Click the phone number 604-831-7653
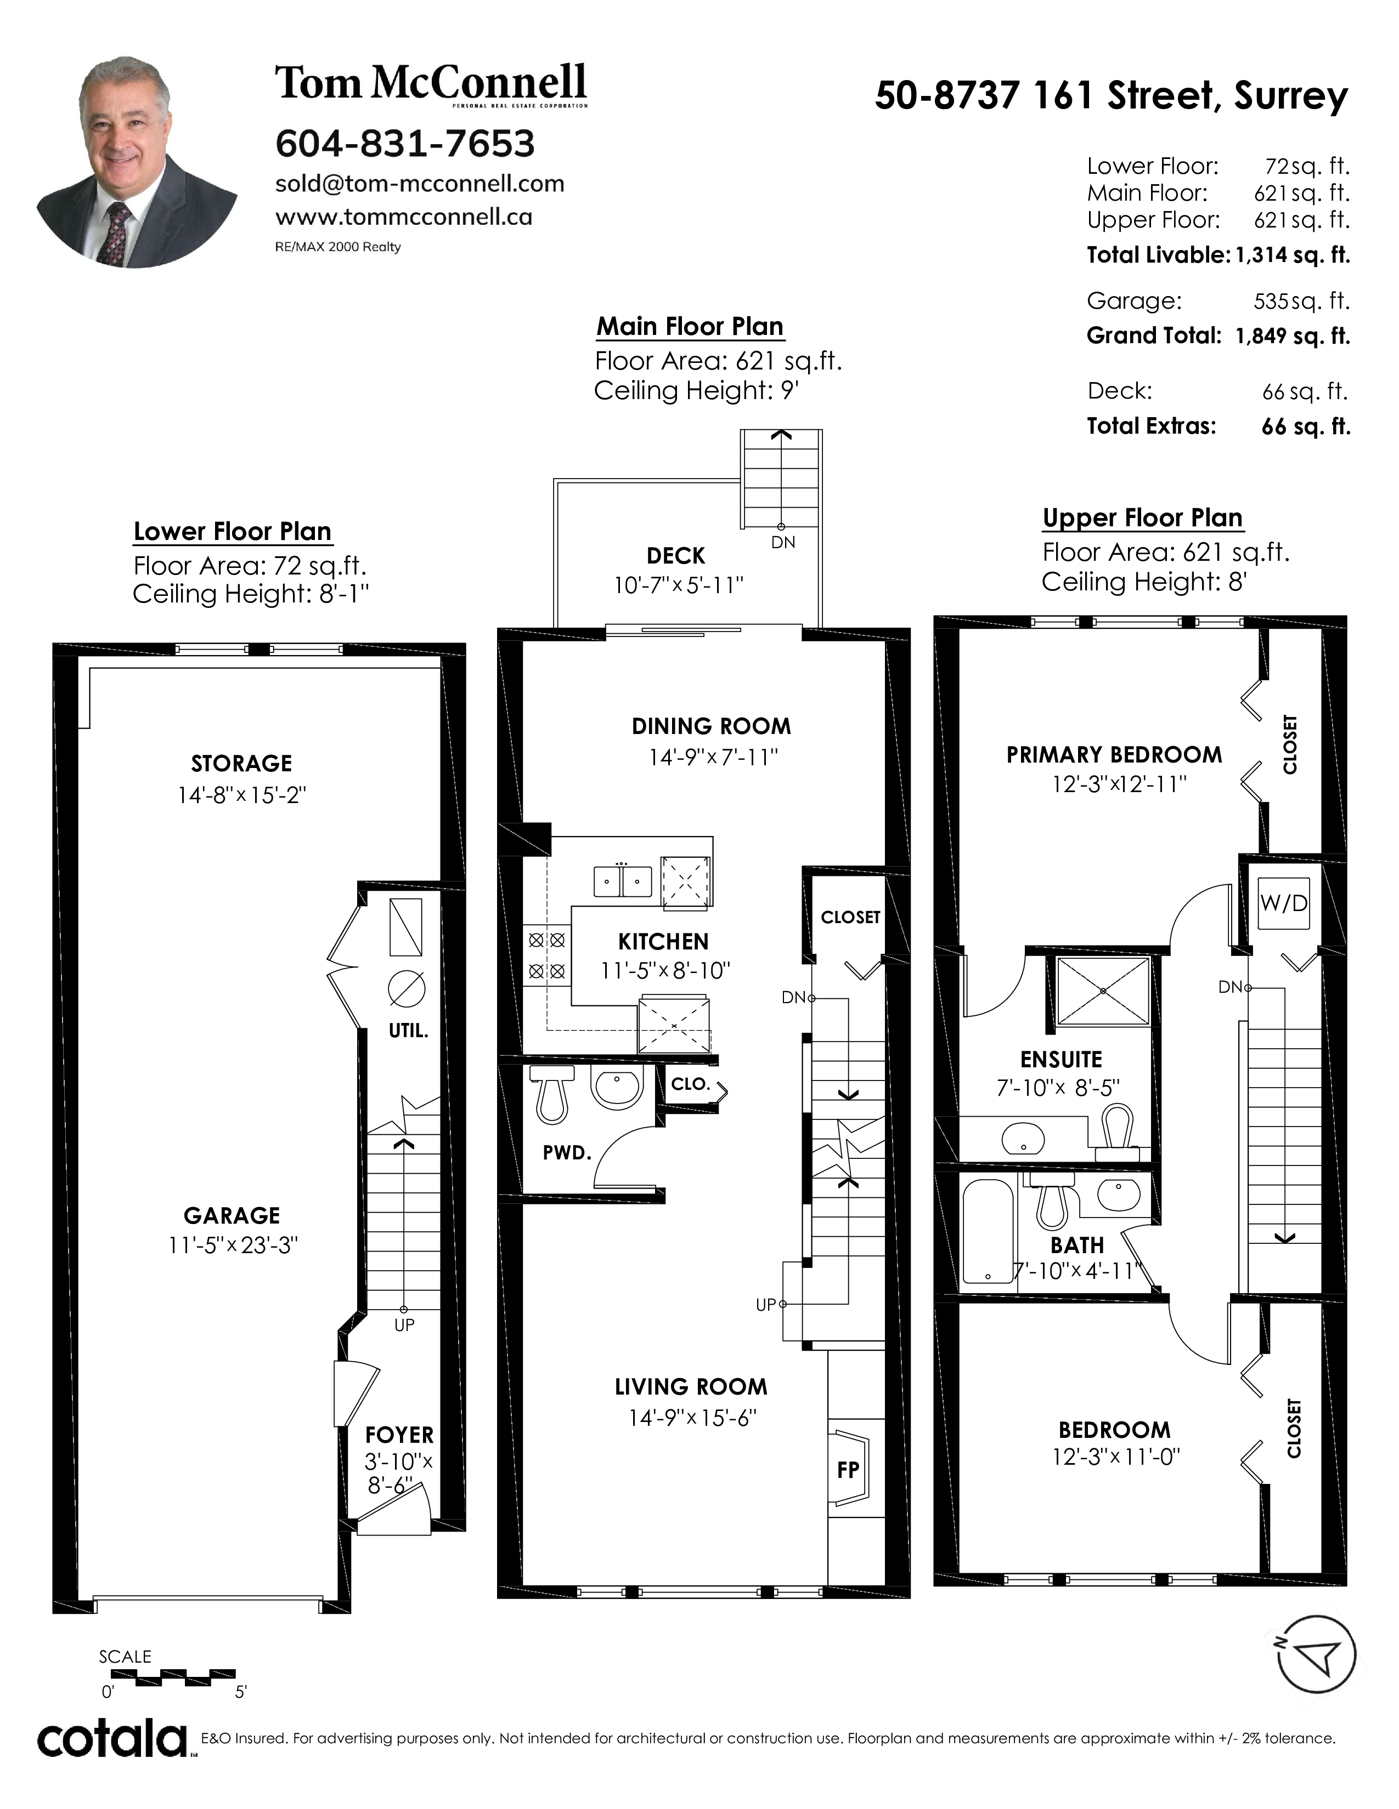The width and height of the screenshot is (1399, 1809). [404, 143]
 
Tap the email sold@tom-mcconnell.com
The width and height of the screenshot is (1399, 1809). [419, 184]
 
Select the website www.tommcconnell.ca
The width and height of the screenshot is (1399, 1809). [404, 217]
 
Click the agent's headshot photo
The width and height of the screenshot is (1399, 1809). [138, 162]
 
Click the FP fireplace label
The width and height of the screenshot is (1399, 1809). [848, 1469]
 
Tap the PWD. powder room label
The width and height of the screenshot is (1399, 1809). [567, 1152]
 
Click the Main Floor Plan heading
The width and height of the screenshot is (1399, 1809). [690, 326]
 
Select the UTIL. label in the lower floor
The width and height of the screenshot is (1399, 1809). [409, 1031]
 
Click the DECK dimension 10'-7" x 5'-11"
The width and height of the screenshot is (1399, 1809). [679, 585]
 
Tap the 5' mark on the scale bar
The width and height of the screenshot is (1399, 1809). [240, 1692]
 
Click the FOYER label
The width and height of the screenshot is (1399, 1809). [399, 1435]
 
